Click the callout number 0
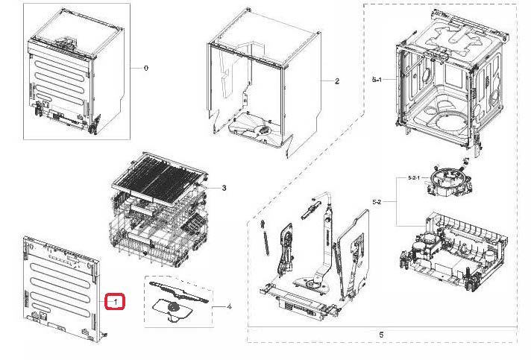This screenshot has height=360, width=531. [146, 68]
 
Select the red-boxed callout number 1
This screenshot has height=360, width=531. [116, 301]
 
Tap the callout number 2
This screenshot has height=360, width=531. [337, 81]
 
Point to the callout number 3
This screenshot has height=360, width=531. [224, 188]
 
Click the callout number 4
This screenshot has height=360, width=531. [229, 307]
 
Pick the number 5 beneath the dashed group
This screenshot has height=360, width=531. [381, 335]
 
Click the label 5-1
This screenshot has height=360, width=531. [377, 80]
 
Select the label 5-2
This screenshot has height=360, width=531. [377, 202]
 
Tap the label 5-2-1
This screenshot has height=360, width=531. [414, 178]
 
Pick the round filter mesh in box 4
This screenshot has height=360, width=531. [174, 308]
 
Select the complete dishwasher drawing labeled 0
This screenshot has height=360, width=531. [76, 73]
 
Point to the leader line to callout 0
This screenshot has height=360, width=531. [136, 68]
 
